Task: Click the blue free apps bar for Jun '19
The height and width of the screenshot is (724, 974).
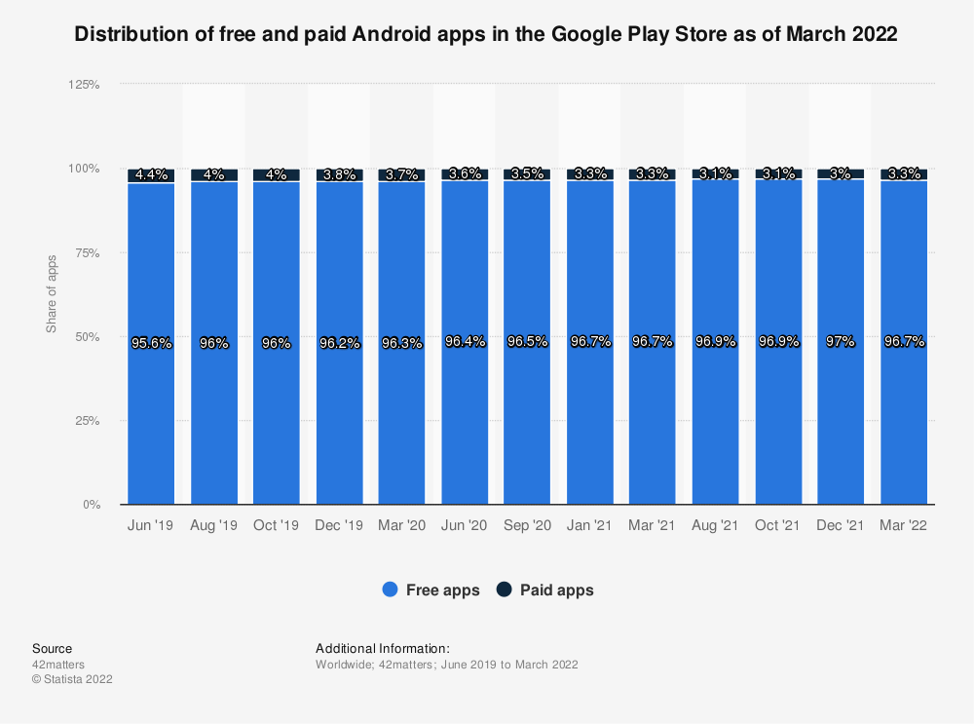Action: coord(151,419)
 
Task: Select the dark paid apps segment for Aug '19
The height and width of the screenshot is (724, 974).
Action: coord(214,175)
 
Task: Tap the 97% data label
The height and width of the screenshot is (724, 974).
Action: coord(841,342)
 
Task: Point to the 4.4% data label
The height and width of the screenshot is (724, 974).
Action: coord(151,175)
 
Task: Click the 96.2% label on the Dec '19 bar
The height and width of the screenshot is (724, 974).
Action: coord(339,343)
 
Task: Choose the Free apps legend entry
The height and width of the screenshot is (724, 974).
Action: coord(431,590)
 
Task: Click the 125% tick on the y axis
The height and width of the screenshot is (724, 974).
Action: coord(85,85)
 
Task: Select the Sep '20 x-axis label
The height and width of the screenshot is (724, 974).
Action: coord(527,525)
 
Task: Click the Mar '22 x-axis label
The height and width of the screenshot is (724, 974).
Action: coord(904,525)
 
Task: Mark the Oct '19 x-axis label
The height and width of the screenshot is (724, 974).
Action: coord(276,525)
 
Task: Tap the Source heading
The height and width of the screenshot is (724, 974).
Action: coord(52,648)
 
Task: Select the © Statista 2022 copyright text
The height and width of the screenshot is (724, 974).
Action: coord(72,679)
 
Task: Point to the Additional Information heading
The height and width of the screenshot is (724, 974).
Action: coord(382,648)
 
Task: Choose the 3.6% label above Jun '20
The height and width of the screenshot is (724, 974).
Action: coord(465,174)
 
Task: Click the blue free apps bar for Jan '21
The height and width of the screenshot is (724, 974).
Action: coord(590,419)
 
